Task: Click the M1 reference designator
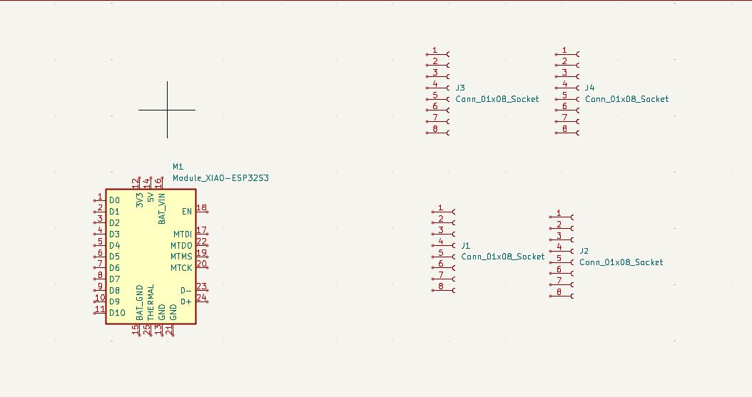click(x=178, y=166)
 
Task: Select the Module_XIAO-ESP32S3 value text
click(x=220, y=177)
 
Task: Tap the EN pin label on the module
click(x=187, y=212)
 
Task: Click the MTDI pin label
click(x=183, y=234)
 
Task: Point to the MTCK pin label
click(x=181, y=268)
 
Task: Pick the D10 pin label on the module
click(x=117, y=313)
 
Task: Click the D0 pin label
click(x=114, y=200)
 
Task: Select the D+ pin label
click(x=186, y=301)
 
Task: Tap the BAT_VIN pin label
click(x=162, y=209)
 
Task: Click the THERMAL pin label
click(x=151, y=302)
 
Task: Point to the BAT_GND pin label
click(x=140, y=302)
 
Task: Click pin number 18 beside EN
click(x=201, y=208)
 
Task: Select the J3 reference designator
click(x=460, y=88)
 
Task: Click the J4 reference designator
click(x=589, y=88)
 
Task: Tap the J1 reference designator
click(x=466, y=245)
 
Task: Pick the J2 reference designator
click(x=584, y=251)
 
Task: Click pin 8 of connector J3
click(x=435, y=129)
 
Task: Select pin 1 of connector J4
click(x=564, y=51)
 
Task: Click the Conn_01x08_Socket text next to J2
click(x=621, y=262)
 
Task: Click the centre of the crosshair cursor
click(x=168, y=110)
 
